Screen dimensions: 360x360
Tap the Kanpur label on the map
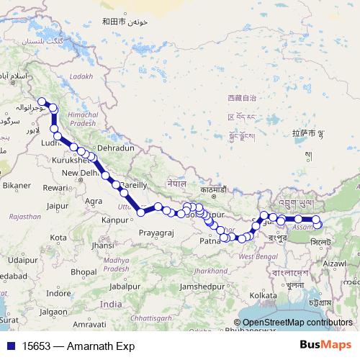(x=116, y=220)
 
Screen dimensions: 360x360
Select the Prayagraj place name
(x=157, y=234)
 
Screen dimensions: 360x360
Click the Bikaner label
(x=16, y=186)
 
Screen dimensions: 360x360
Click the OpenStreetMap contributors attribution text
(x=297, y=323)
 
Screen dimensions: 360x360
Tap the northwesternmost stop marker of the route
(x=42, y=102)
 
